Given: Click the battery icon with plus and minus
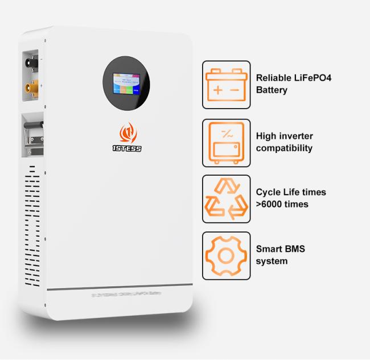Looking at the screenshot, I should click(x=226, y=84).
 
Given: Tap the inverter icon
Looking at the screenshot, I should click(x=226, y=142).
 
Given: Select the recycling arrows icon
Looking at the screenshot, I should click(x=226, y=198).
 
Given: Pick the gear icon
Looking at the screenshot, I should click(x=226, y=255).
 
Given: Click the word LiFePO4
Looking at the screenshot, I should click(x=310, y=77).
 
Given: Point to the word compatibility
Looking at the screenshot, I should click(x=285, y=148).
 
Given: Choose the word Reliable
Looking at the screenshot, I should click(x=274, y=77).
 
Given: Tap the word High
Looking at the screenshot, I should click(x=266, y=136).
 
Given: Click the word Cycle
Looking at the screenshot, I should click(x=269, y=192).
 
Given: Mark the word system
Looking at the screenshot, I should click(x=272, y=261).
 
